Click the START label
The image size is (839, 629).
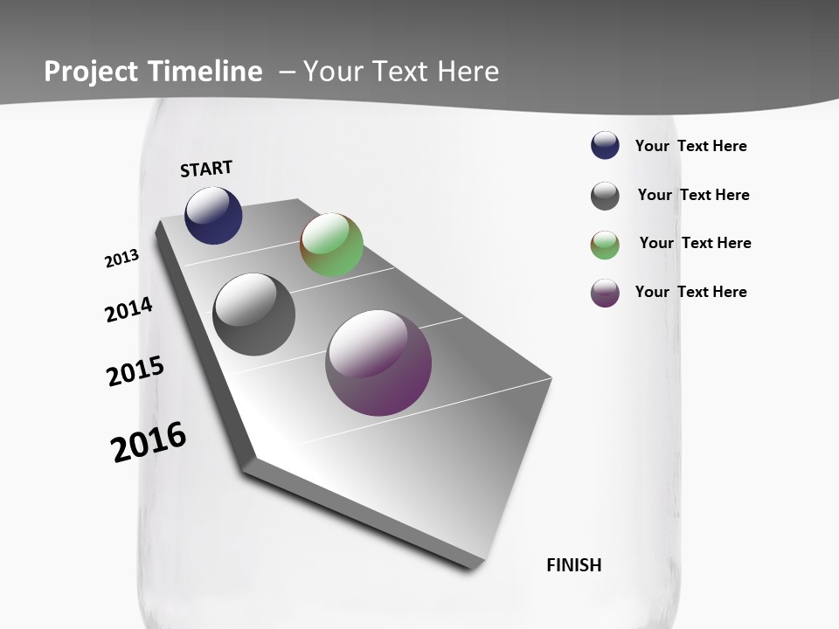click(206, 169)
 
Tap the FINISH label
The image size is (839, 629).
click(574, 565)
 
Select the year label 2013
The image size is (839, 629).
click(121, 259)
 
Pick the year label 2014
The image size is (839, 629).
click(128, 309)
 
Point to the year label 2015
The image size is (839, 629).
click(135, 371)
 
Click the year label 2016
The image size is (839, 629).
click(149, 442)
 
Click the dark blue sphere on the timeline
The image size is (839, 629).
click(213, 215)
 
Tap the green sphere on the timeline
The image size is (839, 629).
click(331, 245)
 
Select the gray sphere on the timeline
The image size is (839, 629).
click(254, 314)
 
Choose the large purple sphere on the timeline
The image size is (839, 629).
click(378, 362)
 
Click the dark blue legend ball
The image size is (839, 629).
click(605, 145)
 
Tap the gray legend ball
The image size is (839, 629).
click(605, 196)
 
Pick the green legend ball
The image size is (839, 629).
click(605, 245)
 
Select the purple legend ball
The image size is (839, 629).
click(605, 293)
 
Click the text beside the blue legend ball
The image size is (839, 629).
click(690, 146)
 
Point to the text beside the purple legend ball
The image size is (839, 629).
click(690, 292)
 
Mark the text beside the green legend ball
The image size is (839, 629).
click(695, 243)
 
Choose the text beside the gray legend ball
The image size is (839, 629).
click(693, 195)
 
